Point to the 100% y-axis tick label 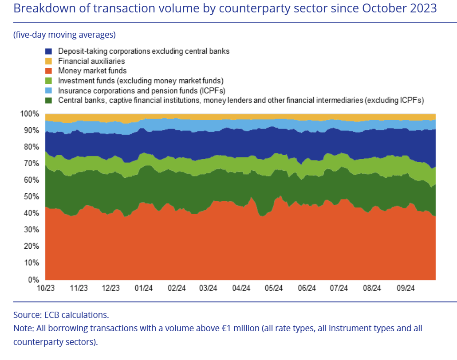pos(31,114)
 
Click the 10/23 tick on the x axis pos(46,288)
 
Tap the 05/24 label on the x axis pos(274,288)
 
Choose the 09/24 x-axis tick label pos(405,288)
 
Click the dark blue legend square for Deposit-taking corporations pos(49,51)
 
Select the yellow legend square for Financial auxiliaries pos(49,61)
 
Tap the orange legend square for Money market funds pos(49,71)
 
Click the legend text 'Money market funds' pos(92,71)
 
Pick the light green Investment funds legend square pos(49,81)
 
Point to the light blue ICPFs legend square pos(49,90)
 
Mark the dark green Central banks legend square pos(49,100)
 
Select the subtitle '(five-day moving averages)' pos(64,35)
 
